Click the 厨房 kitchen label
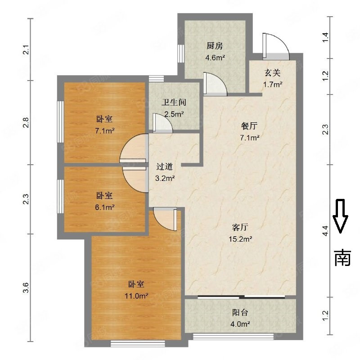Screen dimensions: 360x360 215,46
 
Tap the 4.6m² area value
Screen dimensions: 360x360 215,57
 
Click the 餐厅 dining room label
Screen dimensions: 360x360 249,126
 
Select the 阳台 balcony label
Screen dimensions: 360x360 240,312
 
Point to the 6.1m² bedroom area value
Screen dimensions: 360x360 104,207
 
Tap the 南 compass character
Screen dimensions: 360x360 342,257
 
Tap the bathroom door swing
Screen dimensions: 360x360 162,122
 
